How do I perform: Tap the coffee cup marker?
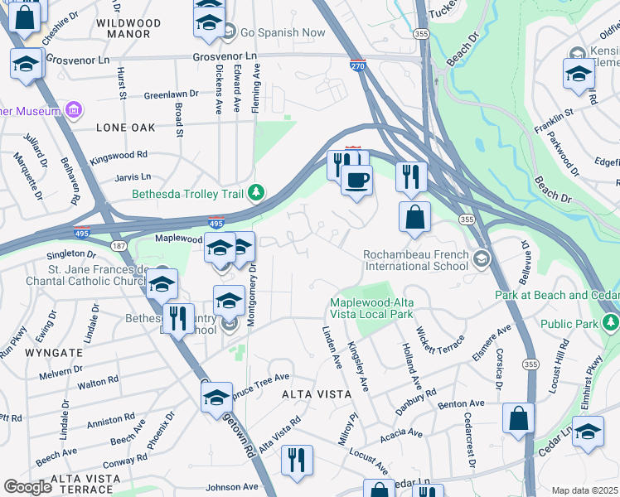click(x=356, y=180)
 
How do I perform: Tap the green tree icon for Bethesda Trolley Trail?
click(x=258, y=194)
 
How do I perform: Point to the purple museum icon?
click(x=75, y=110)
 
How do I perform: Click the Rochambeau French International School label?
click(x=415, y=260)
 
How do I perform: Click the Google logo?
click(x=27, y=486)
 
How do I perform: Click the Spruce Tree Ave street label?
click(x=262, y=382)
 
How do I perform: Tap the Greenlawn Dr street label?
click(x=172, y=94)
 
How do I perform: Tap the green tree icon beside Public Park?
click(x=611, y=321)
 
